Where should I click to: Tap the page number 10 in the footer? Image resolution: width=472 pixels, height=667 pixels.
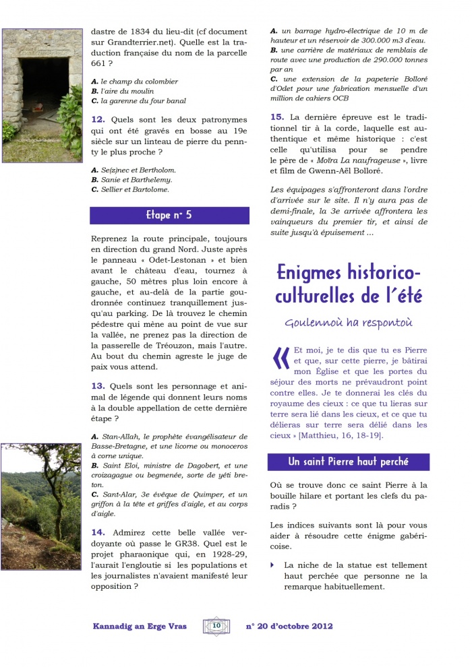[216, 626]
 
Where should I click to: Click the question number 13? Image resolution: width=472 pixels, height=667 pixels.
[98, 386]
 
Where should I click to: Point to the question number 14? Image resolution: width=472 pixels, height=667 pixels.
[98, 533]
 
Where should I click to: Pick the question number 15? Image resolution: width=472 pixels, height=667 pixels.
[276, 117]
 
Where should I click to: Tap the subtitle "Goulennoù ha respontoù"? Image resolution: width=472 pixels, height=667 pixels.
[348, 322]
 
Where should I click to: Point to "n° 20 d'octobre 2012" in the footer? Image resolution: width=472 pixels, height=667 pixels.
[289, 626]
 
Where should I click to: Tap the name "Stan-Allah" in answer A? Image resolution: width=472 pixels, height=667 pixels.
[119, 437]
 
